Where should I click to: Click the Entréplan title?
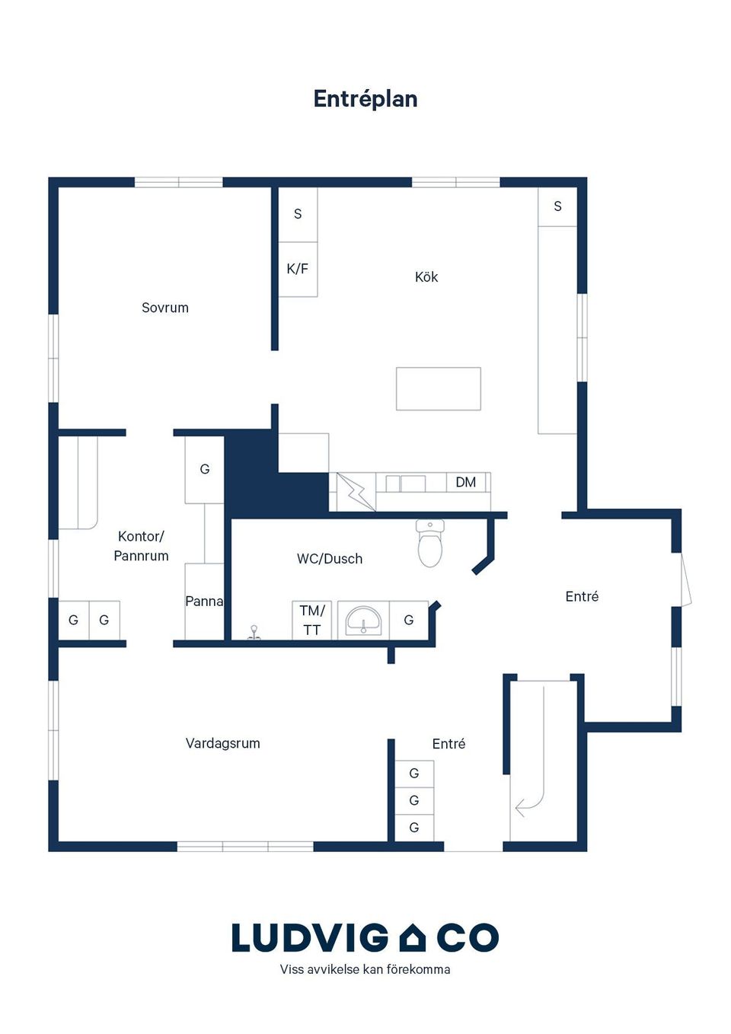click(365, 99)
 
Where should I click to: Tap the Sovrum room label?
click(164, 308)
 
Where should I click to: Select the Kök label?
click(426, 277)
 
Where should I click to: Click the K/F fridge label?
click(297, 269)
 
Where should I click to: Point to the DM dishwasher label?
click(466, 483)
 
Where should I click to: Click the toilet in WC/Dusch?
click(429, 543)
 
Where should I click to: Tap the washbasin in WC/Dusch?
click(363, 620)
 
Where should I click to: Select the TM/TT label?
click(312, 620)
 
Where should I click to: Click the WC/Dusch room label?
click(330, 559)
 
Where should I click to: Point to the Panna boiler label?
click(204, 601)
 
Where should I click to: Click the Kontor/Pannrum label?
click(141, 546)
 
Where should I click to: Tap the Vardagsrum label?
click(223, 743)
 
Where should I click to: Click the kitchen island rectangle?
click(439, 388)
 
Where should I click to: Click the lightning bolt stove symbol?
click(356, 492)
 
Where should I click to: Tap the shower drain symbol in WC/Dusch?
click(254, 633)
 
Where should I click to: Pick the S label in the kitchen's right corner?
click(557, 206)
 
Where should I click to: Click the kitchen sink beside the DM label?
click(406, 483)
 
